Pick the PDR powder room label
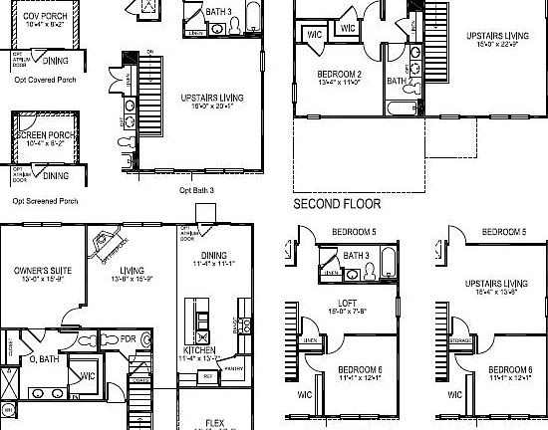[129, 338]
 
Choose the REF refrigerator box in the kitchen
[208, 376]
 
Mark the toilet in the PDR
[146, 339]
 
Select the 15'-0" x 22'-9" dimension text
[497, 44]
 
